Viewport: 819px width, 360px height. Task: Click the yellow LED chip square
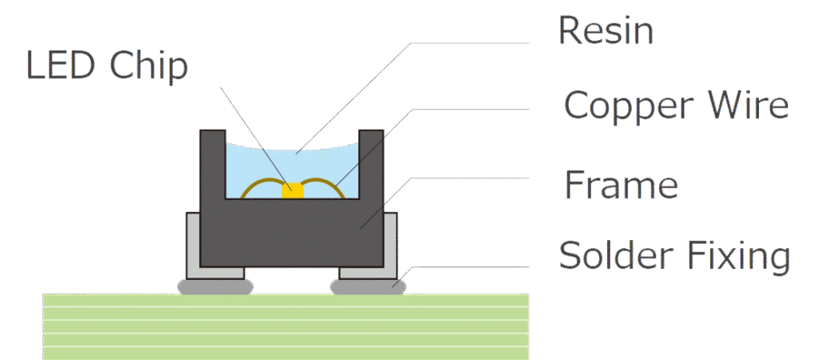294,190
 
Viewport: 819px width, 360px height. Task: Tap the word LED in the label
62,66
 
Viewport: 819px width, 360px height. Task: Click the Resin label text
605,31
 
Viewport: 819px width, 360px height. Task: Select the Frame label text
621,185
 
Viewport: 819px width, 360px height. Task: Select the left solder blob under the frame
212,286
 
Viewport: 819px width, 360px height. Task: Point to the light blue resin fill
264,164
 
